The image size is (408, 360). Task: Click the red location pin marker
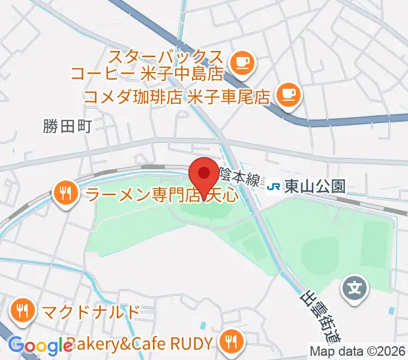coord(204,174)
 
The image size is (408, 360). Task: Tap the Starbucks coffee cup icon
coord(242,62)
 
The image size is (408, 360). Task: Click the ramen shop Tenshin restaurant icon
coord(65,193)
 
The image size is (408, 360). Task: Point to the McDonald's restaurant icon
coord(24,311)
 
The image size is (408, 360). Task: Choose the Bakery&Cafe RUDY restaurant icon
coord(230,343)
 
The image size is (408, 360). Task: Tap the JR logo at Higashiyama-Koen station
coord(273,187)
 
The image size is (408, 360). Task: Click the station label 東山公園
coord(315,187)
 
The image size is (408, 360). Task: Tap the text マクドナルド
coord(91,312)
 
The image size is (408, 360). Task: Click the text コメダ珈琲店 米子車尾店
coord(176,96)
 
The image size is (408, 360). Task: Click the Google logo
coord(40,346)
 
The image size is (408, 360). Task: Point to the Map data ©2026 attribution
coord(358,351)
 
